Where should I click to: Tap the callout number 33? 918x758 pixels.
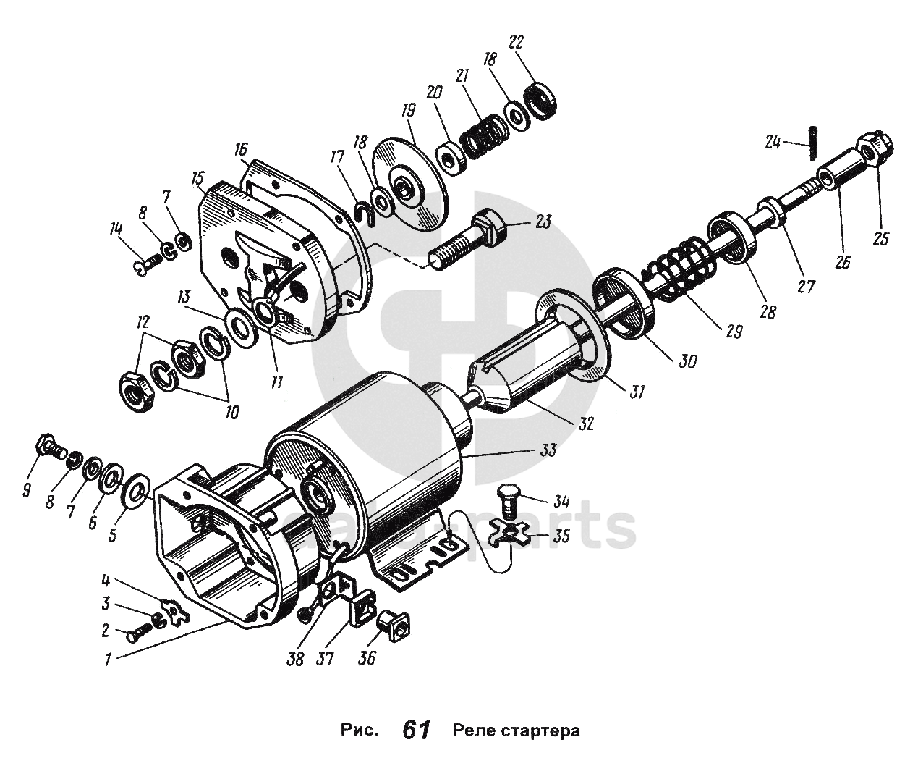(548, 450)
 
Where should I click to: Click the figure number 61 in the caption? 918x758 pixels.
(417, 730)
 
